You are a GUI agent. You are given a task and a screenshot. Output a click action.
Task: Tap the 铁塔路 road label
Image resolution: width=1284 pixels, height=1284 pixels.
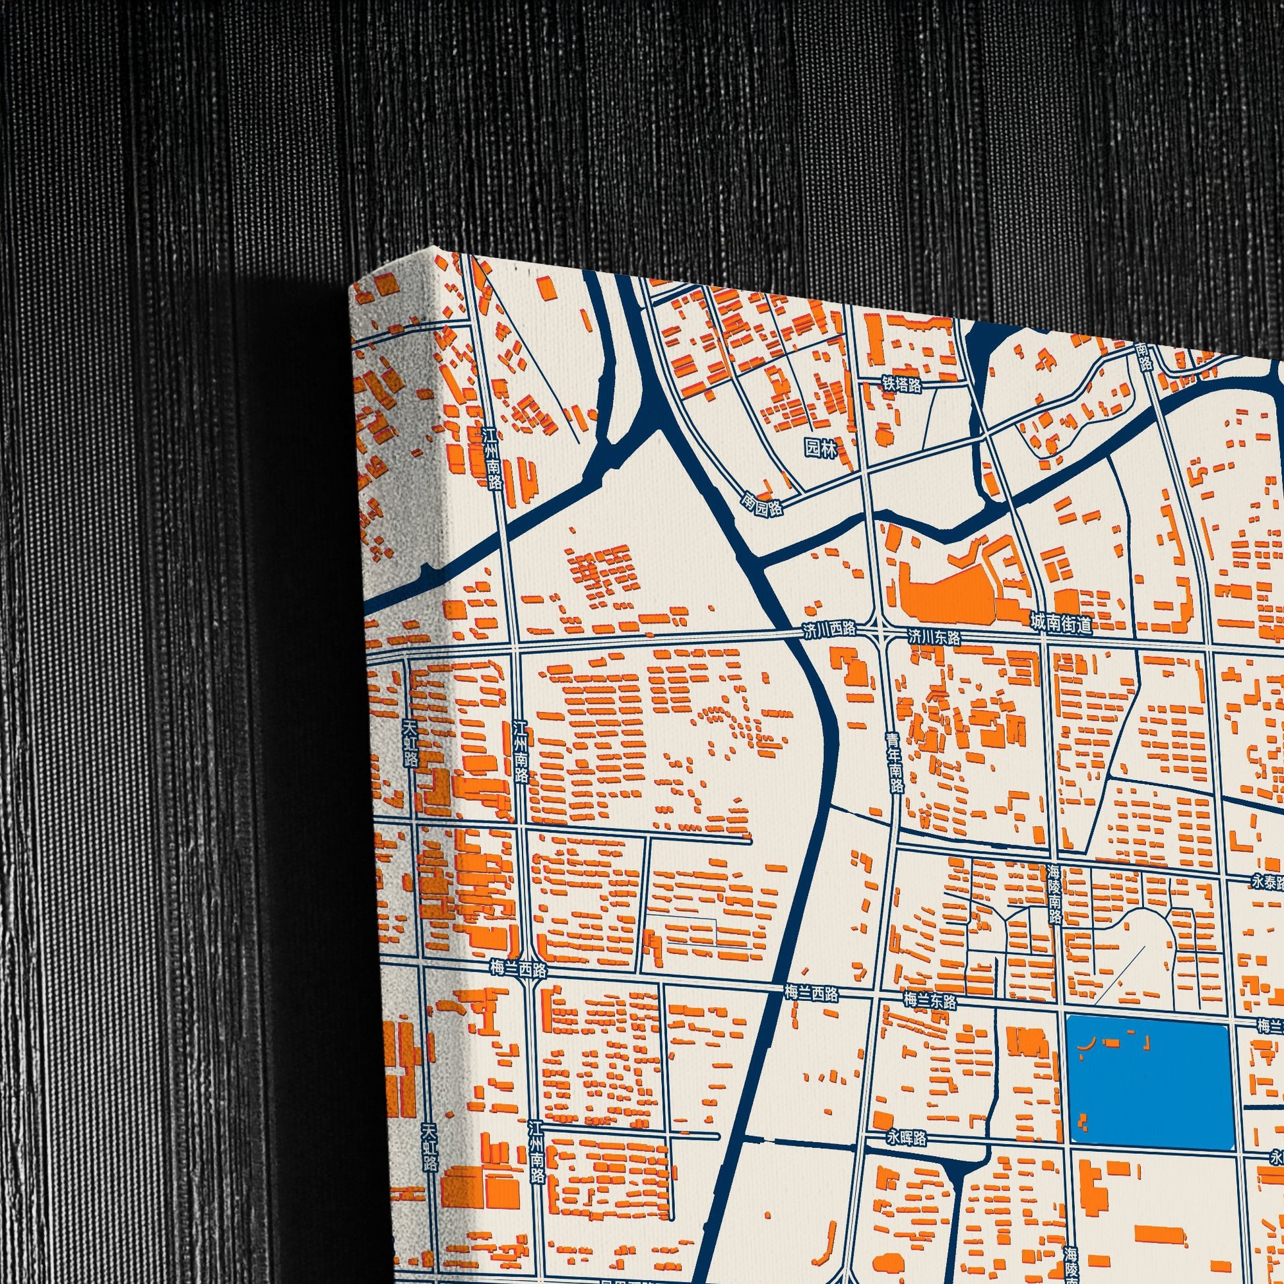pos(902,384)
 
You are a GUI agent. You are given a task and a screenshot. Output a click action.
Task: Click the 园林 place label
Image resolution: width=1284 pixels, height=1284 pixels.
pos(821,448)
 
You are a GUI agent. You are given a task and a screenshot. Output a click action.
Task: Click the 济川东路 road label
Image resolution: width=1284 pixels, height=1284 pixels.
pos(934,637)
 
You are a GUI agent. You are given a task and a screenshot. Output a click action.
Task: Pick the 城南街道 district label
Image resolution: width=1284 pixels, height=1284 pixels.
pos(1060,623)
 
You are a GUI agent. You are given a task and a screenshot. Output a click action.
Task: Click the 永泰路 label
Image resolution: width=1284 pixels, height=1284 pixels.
pos(1266,882)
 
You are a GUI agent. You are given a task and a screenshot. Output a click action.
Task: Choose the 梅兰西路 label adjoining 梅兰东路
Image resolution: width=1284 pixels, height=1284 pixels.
pos(811,994)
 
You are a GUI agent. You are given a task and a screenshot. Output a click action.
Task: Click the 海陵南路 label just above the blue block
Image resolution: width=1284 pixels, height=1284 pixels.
pos(1054,894)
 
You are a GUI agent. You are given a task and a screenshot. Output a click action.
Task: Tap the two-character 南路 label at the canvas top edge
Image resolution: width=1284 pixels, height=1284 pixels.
pos(1142,357)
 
